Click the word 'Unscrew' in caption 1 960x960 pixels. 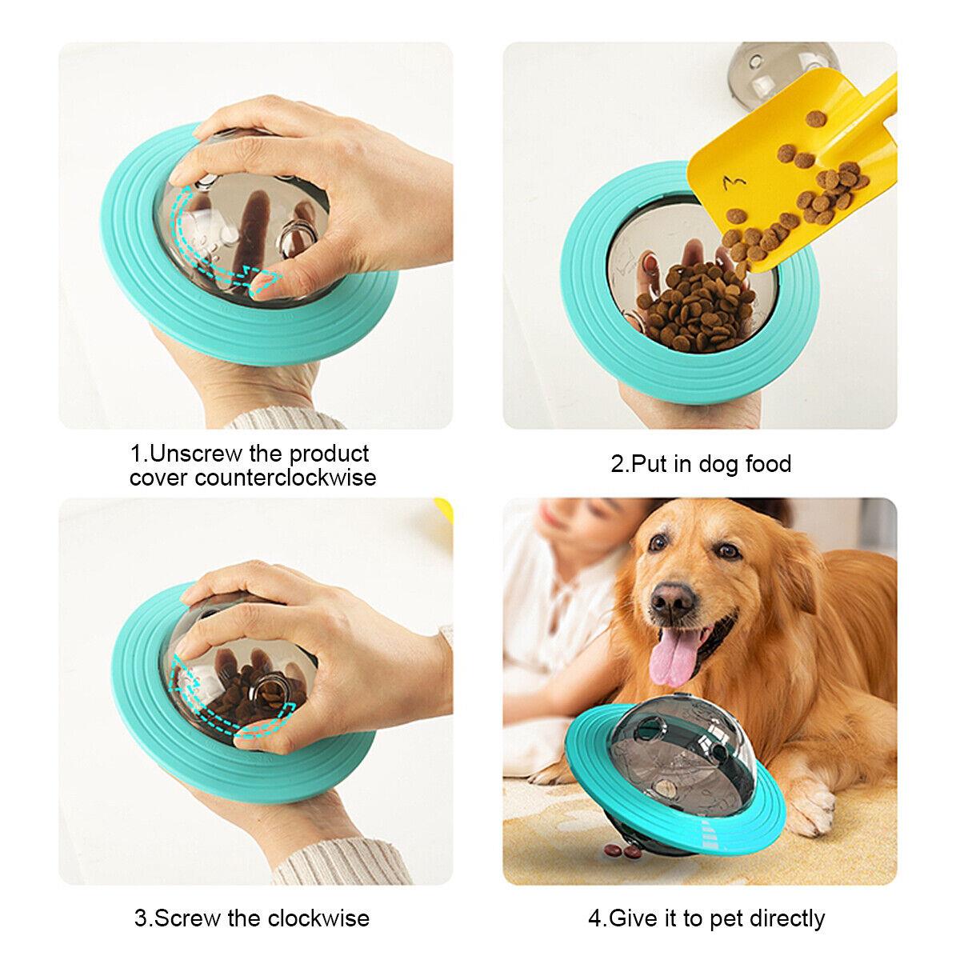(194, 454)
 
